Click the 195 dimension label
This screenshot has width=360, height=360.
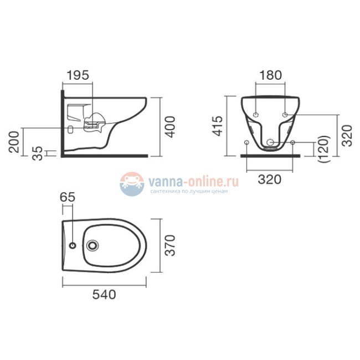[78, 75]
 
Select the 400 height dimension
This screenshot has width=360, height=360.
[171, 127]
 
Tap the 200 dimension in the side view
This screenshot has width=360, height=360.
[14, 142]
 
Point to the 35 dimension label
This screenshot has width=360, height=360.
[38, 153]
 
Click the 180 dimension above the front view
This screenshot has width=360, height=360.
[270, 75]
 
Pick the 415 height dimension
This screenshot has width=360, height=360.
[217, 126]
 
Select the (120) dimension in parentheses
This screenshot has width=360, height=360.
[324, 149]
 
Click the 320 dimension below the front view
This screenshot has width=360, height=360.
[270, 179]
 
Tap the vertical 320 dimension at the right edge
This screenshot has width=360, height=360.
[347, 136]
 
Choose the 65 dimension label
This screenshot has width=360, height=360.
[68, 197]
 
